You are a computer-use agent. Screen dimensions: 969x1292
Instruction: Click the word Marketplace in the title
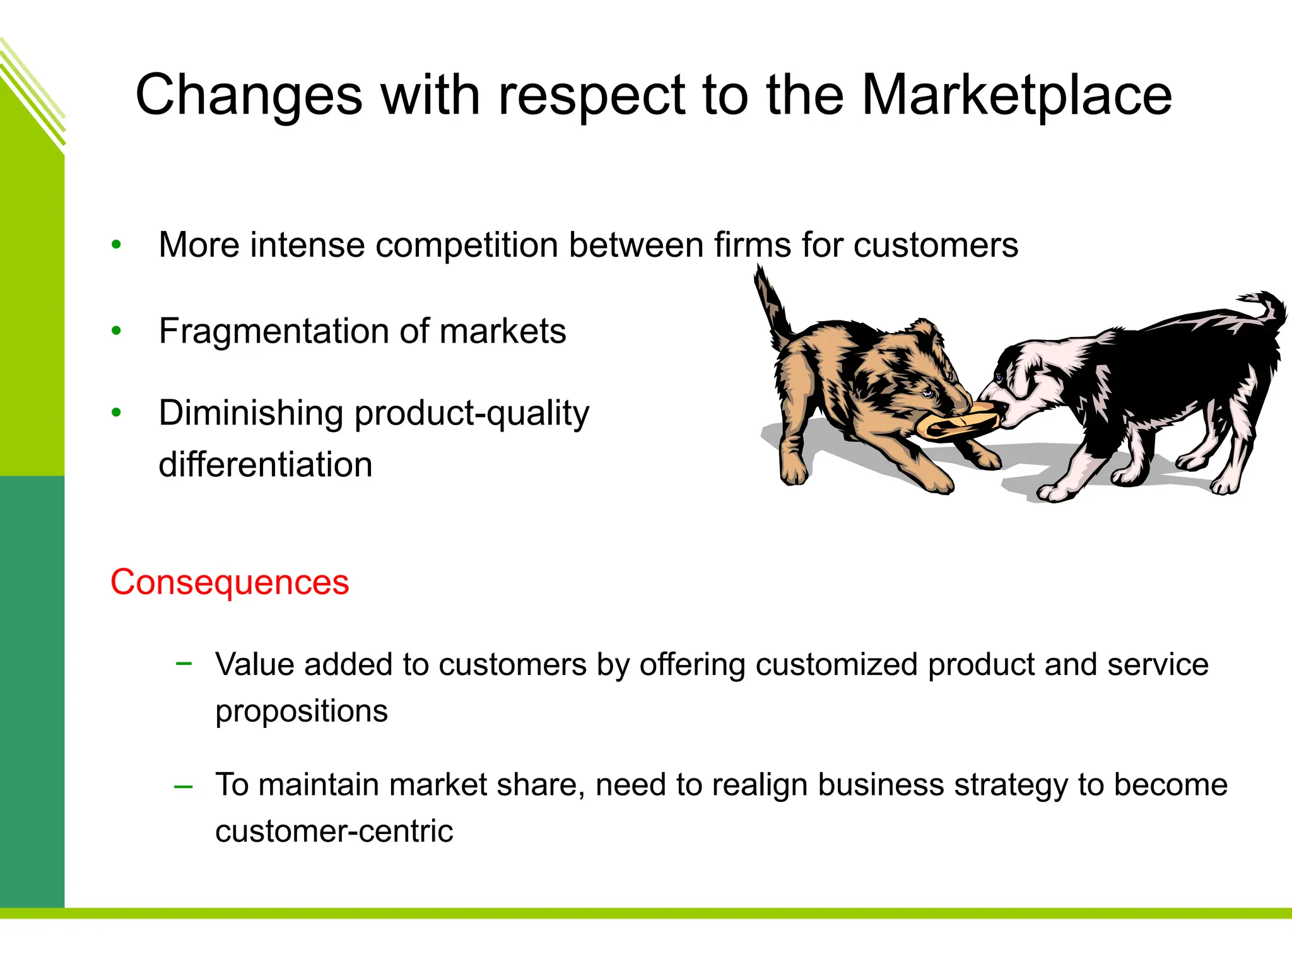pyautogui.click(x=1016, y=96)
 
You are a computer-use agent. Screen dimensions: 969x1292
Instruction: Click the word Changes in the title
pyautogui.click(x=249, y=96)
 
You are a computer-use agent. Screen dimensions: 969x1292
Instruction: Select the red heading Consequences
pyautogui.click(x=230, y=582)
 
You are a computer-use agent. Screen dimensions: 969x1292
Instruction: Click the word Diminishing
pyautogui.click(x=250, y=413)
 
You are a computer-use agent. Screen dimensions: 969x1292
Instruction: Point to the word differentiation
pyautogui.click(x=266, y=465)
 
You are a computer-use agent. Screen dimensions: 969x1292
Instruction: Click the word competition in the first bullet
pyautogui.click(x=466, y=245)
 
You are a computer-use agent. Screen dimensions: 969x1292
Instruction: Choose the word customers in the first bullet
pyautogui.click(x=936, y=245)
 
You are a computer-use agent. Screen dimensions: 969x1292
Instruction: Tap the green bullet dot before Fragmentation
pyautogui.click(x=116, y=331)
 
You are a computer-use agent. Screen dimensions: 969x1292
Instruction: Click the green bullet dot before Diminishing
pyautogui.click(x=116, y=413)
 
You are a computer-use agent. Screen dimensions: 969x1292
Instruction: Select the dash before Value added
pyautogui.click(x=184, y=662)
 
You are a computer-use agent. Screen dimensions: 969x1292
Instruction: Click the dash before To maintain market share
pyautogui.click(x=184, y=786)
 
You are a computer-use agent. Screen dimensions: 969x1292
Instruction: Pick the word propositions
pyautogui.click(x=301, y=712)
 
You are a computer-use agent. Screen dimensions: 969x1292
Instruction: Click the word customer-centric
pyautogui.click(x=334, y=831)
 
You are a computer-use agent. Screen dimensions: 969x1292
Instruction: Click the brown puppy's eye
pyautogui.click(x=927, y=393)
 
